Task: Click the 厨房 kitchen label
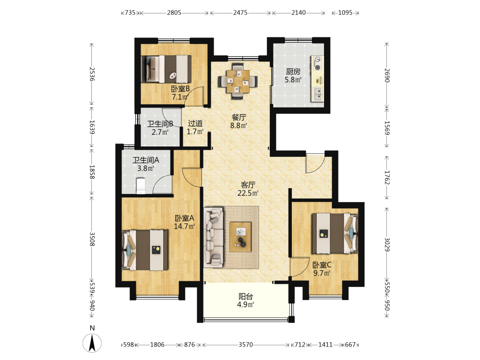coord(293,72)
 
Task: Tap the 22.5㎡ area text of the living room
coord(248,193)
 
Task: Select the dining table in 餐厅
coord(238,82)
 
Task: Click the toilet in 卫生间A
coord(141,186)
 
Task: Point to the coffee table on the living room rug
coord(240,237)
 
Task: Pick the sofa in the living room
coord(214,238)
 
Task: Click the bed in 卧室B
coord(166,69)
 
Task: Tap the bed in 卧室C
coord(335,233)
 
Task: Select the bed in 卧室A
coord(145,250)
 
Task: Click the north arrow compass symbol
coord(92,343)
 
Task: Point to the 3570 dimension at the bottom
coord(246,345)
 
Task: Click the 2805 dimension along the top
coord(174,12)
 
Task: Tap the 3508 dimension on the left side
coord(92,239)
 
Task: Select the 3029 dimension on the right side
coord(387,245)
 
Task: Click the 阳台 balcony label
coord(246,296)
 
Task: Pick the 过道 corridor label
coord(195,123)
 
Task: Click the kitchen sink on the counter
coord(317,94)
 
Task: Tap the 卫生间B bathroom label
coord(160,124)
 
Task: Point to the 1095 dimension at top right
coord(345,12)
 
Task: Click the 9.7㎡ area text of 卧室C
coord(322,273)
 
